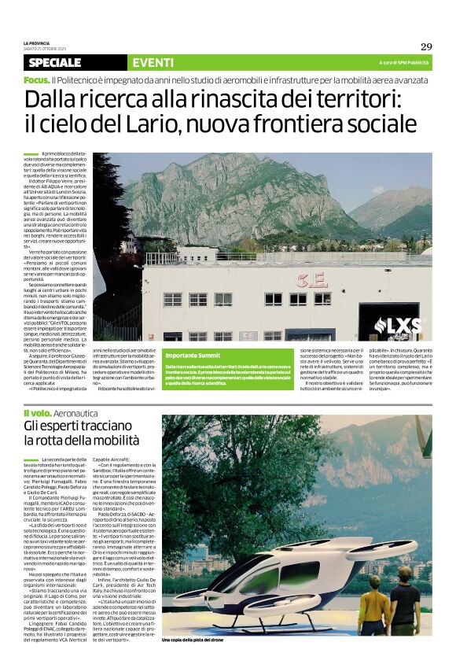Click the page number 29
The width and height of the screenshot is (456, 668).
coord(426,46)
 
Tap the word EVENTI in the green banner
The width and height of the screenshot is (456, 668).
coord(153,62)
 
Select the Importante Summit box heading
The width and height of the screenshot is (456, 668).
coord(193,356)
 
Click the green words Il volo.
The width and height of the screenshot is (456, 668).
coord(36,413)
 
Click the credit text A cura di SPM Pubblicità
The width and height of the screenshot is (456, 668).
coord(404,62)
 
